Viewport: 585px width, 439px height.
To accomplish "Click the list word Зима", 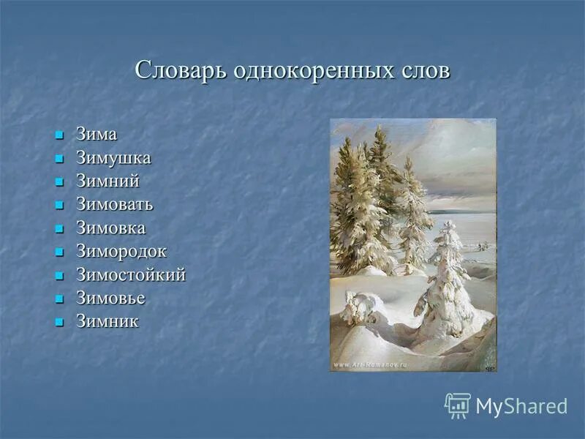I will (97, 135).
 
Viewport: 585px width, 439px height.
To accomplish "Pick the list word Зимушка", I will (113, 158).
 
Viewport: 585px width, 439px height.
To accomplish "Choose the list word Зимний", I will (107, 181).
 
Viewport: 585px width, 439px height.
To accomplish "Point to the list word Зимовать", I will (115, 204).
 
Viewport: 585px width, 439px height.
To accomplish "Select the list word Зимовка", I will (111, 228).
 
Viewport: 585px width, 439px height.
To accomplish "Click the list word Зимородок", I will (121, 251).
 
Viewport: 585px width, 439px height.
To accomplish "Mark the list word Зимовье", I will (111, 298).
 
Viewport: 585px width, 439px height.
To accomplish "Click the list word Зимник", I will (107, 321).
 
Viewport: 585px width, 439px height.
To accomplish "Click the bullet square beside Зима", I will (60, 136).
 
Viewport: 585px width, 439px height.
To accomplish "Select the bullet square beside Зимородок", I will (60, 252).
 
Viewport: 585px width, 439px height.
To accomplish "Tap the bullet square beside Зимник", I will (60, 323).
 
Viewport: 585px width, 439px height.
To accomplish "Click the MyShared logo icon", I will (457, 405).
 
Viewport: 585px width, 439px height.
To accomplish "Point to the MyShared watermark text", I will (521, 406).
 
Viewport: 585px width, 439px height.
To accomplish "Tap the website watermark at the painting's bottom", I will (371, 364).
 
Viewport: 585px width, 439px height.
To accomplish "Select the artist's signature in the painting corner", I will (488, 367).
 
